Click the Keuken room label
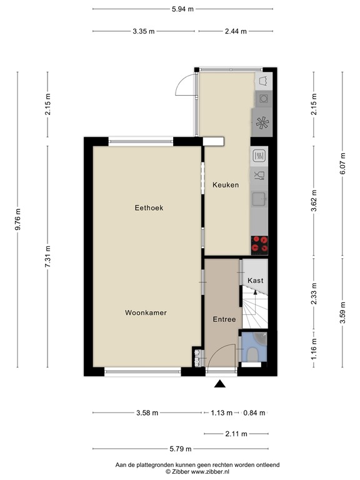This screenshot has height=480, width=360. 226,185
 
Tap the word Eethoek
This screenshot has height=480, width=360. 149,208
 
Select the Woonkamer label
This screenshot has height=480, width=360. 146,312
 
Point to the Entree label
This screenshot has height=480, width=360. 224,319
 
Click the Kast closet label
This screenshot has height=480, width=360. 255,281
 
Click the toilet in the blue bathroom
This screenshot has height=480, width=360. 253,354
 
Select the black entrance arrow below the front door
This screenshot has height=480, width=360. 220,384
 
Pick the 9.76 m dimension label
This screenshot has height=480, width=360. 18,219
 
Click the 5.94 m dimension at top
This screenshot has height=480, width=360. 182,9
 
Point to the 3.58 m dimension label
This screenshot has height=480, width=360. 147,413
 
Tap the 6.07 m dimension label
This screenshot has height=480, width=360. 342,164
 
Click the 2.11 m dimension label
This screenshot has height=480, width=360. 236,434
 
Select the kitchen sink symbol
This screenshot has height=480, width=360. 259,199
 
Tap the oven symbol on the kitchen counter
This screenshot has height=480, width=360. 259,156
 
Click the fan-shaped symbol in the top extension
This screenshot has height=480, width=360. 262,123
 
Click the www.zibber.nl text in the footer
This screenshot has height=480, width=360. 210,472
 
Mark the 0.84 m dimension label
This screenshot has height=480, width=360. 254,413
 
